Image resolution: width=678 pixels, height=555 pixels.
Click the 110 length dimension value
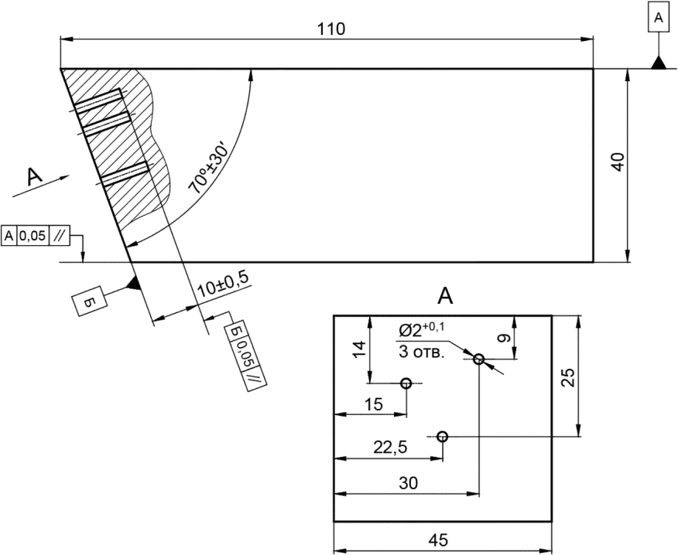click(332, 29)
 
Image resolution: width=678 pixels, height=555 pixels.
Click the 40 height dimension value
click(618, 162)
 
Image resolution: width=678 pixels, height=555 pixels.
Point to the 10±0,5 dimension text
click(223, 285)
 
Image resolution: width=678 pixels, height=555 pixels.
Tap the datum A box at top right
click(659, 18)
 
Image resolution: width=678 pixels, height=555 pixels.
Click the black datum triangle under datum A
click(659, 63)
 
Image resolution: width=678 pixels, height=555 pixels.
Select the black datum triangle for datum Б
click(133, 284)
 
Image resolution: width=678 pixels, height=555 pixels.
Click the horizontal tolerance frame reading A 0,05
click(36, 236)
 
